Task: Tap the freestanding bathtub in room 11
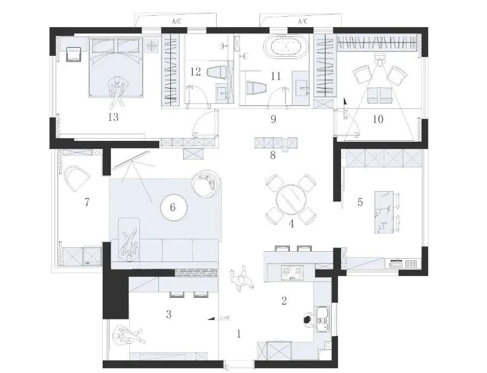[x=283, y=47]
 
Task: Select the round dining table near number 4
[x=291, y=200]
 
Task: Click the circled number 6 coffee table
[x=173, y=207]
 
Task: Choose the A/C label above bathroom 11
[x=301, y=22]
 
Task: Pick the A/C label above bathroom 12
[x=176, y=22]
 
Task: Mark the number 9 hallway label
[x=273, y=120]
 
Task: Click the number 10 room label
[x=378, y=119]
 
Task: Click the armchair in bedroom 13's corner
[x=73, y=54]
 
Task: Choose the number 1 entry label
[x=238, y=334]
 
